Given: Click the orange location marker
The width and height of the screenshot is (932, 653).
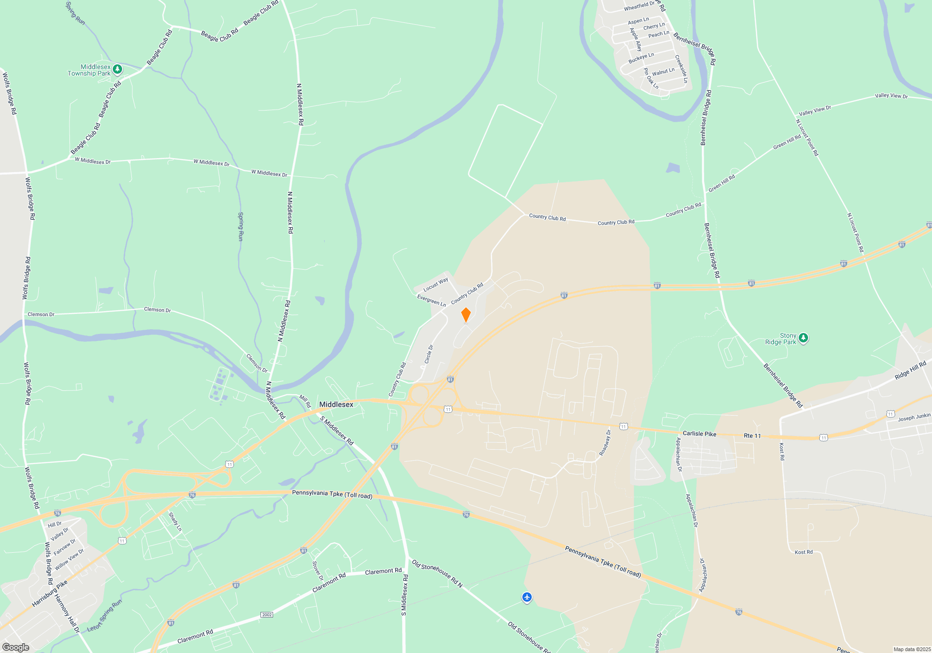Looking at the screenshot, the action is (x=466, y=315).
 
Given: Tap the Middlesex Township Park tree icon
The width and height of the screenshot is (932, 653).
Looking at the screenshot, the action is (x=117, y=69).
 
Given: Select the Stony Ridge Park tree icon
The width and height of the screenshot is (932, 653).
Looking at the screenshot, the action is (x=803, y=338).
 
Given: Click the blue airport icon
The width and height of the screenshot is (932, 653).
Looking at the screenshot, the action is (x=527, y=597).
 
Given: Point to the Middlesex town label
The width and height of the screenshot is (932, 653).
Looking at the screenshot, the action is (x=336, y=404).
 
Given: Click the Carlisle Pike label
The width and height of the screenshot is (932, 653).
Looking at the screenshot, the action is (x=699, y=434).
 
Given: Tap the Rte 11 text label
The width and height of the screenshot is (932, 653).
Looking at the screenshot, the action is (x=752, y=436).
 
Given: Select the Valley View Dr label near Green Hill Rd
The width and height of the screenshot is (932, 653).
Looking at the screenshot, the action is (x=815, y=111).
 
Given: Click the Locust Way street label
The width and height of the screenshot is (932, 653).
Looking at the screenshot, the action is (x=435, y=284).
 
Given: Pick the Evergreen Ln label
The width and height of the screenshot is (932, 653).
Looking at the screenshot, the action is (x=431, y=300).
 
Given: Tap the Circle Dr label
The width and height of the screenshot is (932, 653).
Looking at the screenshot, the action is (x=429, y=354).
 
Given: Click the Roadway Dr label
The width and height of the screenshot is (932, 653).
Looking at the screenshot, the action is (x=605, y=443).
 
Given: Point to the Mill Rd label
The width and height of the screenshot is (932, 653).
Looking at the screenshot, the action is (x=305, y=401).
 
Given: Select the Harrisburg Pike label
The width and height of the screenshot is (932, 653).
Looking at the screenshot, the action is (x=49, y=593).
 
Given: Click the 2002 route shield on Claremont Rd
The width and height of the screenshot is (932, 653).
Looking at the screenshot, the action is (x=267, y=615).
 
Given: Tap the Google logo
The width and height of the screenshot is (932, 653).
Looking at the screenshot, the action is (x=15, y=647).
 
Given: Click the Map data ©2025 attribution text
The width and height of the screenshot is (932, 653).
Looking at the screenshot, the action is (x=911, y=649).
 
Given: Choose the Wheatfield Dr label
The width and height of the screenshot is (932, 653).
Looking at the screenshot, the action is (x=639, y=6).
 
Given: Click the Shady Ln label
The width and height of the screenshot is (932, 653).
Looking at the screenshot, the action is (x=175, y=522).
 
